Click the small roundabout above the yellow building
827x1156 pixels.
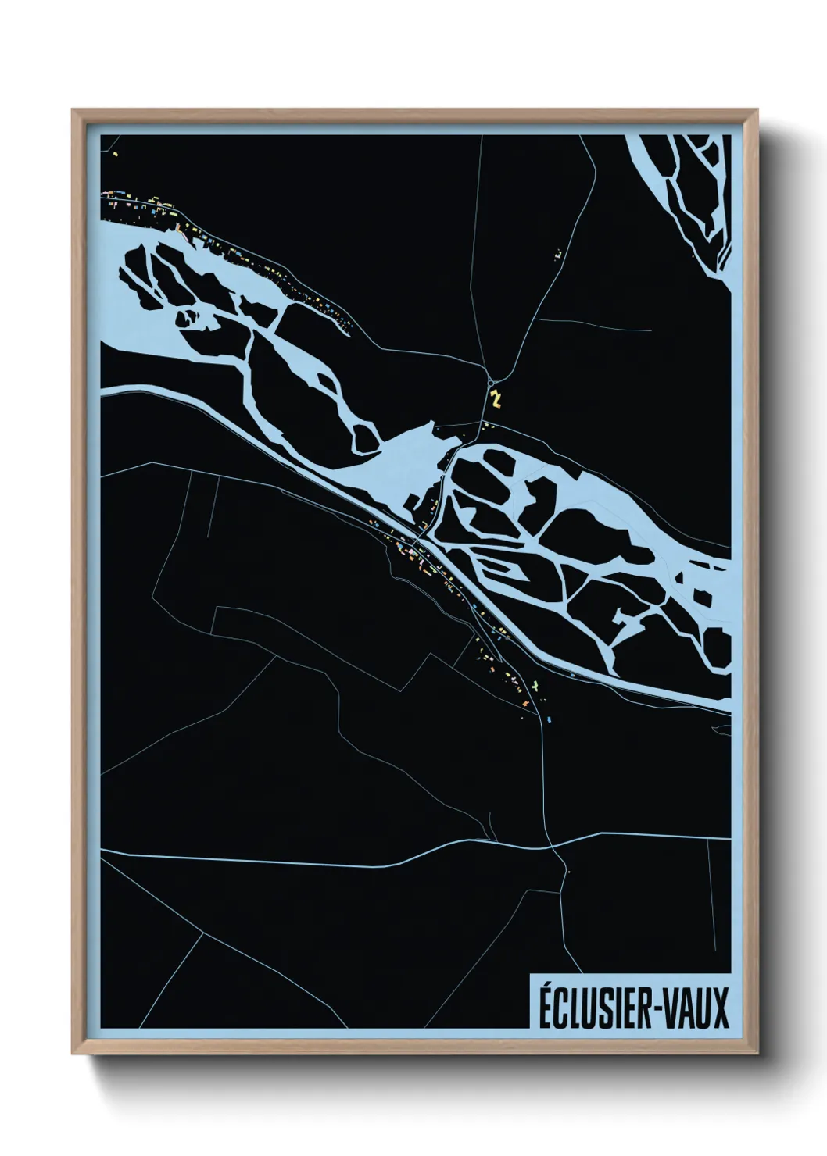(x=491, y=383)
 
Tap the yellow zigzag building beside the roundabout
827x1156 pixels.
(x=495, y=398)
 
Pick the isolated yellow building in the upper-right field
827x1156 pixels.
(x=558, y=254)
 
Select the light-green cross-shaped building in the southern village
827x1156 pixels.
(x=535, y=684)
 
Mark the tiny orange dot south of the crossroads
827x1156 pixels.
(x=568, y=872)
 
